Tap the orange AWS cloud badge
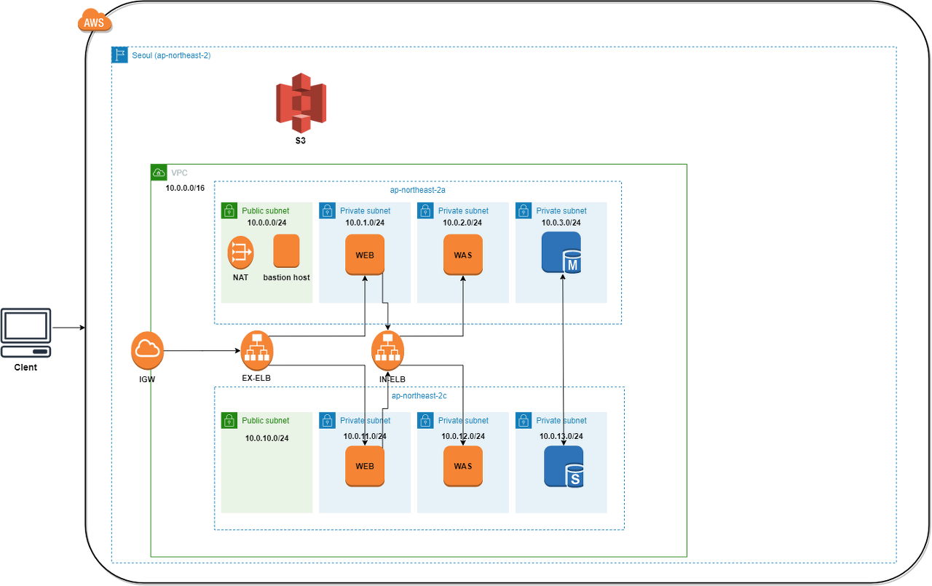95,20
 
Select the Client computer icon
25,333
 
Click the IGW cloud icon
147,350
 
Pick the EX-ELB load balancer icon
257,350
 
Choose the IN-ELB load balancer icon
388,350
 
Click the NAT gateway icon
240,253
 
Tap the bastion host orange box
286,251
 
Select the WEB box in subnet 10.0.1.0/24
365,255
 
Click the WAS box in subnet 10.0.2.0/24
463,255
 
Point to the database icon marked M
561,253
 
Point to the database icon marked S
564,467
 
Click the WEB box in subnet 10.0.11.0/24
365,466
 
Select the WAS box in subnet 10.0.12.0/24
463,466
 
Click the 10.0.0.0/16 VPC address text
185,188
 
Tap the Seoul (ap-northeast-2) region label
171,55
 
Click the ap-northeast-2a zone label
418,190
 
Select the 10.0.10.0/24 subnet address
266,438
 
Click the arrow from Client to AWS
69,328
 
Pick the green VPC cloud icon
159,173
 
